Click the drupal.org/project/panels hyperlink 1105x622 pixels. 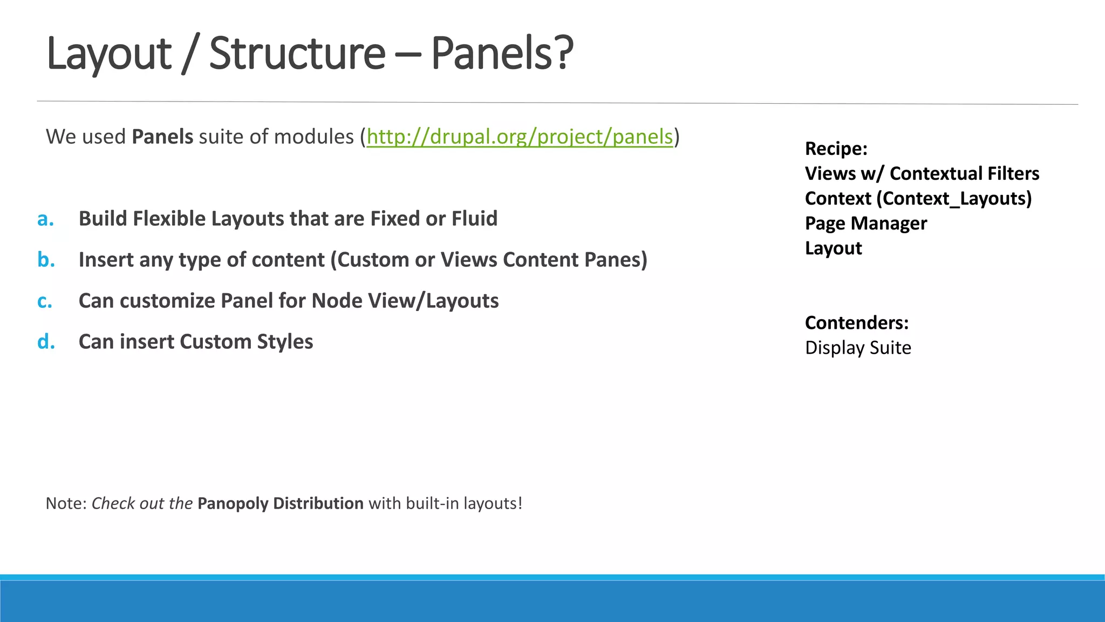[x=520, y=137]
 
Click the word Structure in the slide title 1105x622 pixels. [x=297, y=53]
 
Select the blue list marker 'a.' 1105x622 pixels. [x=46, y=219]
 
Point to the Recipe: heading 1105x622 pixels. [x=836, y=148]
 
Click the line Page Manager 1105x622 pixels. [x=865, y=224]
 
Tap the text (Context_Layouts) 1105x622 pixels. [x=954, y=199]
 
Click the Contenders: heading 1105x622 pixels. [x=857, y=323]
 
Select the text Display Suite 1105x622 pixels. [x=858, y=348]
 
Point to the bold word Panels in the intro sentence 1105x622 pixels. [x=162, y=137]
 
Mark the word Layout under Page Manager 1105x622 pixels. [x=833, y=248]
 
